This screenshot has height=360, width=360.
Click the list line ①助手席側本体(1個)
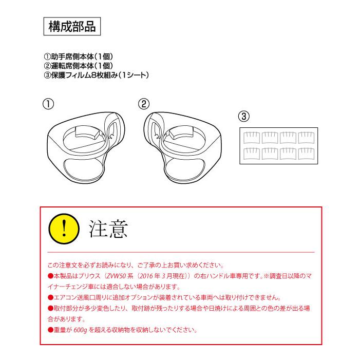point(82,56)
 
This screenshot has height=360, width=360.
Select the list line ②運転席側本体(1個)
point(82,66)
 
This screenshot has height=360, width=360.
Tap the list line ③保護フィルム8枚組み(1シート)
point(97,75)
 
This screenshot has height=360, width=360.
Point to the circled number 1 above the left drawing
point(47,104)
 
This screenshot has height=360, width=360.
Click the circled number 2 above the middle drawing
point(144,104)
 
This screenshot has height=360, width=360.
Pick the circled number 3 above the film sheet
point(244,117)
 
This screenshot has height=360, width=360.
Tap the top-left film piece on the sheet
point(252,137)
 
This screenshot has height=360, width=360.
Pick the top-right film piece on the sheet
point(307,137)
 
